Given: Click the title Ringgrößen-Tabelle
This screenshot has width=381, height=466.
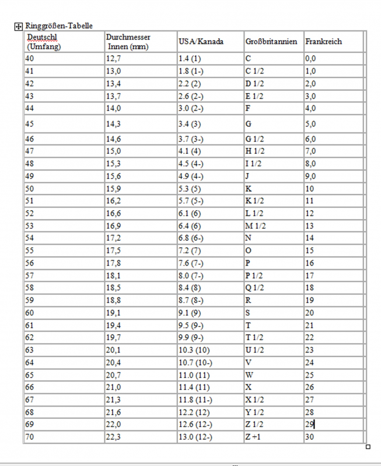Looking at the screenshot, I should pos(59,26).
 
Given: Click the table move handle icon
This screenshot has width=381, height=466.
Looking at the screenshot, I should pos(18,26).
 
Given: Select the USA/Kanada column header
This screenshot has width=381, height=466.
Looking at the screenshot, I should pos(201,42).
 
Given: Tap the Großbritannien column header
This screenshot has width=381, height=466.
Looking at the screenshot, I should pos(271,42).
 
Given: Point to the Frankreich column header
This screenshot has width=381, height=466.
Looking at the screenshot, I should pos(324,42).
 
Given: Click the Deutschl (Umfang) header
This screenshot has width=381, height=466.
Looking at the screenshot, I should pos(44,42).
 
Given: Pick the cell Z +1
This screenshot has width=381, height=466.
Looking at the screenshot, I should pos(254,437).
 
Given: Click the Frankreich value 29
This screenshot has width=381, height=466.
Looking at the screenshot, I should pos(310,424).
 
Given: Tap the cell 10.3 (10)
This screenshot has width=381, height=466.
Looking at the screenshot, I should pos(195,349).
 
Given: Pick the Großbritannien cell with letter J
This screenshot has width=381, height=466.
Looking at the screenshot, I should pos(248,176).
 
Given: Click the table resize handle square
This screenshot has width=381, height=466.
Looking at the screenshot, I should pos(368,447).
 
